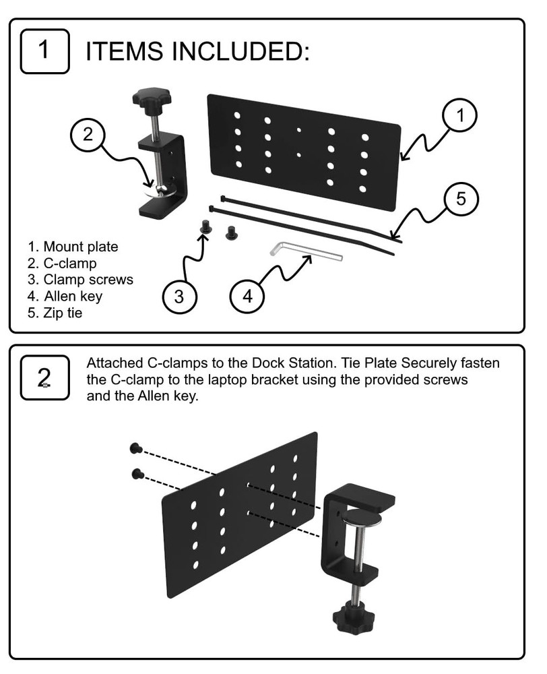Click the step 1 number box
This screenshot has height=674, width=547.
(x=44, y=50)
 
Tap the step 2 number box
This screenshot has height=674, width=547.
(x=44, y=378)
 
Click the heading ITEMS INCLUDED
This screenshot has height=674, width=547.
(x=197, y=51)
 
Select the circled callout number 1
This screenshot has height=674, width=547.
(x=460, y=116)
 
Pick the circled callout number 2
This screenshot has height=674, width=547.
(x=88, y=134)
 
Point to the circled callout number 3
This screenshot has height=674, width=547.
(x=180, y=296)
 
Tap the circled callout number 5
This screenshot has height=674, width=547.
(x=461, y=200)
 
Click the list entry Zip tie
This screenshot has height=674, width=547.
(x=55, y=313)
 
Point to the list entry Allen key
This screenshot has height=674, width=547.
(x=65, y=296)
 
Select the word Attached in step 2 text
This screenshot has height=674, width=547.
(x=112, y=363)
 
